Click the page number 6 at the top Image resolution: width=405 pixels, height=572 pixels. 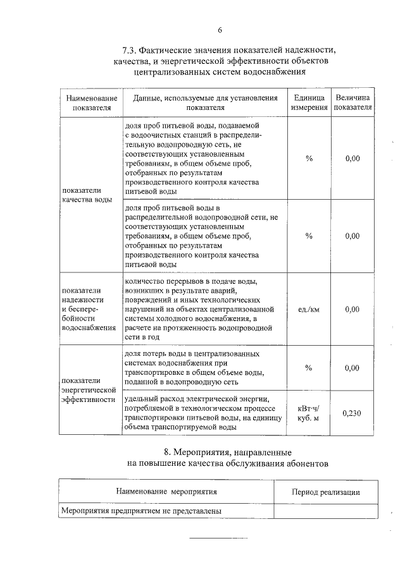(x=220, y=30)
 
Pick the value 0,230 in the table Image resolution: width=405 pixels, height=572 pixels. (x=352, y=413)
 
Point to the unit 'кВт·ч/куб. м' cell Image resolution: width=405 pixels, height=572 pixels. (x=309, y=413)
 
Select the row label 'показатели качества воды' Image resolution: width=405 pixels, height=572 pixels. (x=87, y=195)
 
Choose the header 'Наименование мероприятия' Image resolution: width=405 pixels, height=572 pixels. (x=167, y=491)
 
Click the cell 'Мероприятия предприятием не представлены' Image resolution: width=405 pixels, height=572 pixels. (x=144, y=511)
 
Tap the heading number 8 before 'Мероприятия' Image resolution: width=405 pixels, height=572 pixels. (x=166, y=452)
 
